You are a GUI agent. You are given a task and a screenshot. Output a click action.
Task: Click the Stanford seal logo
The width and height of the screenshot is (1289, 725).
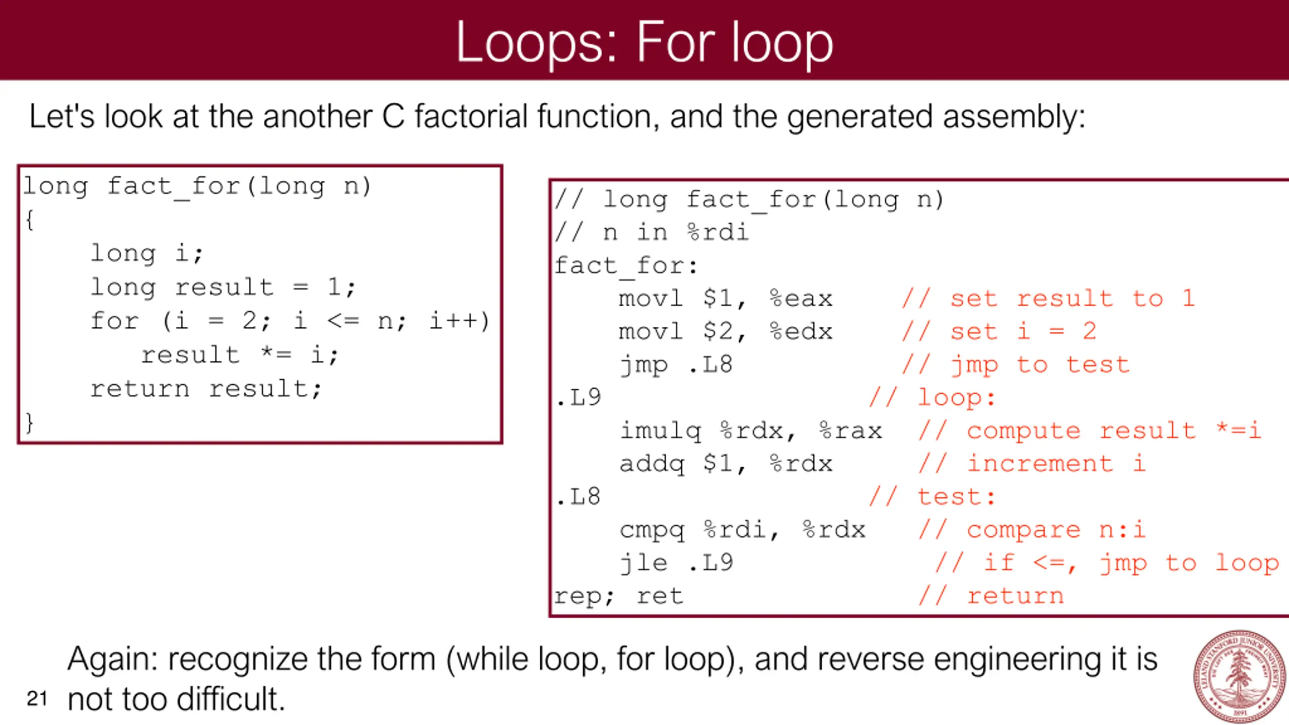pyautogui.click(x=1240, y=676)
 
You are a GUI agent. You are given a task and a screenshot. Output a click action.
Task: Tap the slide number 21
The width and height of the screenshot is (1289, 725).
pyautogui.click(x=37, y=699)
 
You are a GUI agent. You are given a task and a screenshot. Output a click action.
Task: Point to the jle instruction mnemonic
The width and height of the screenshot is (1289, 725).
pyautogui.click(x=644, y=563)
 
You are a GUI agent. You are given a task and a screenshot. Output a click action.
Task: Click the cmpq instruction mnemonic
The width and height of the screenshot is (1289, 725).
pyautogui.click(x=652, y=530)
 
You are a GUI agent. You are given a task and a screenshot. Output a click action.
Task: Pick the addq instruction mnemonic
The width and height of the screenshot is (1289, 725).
pyautogui.click(x=652, y=464)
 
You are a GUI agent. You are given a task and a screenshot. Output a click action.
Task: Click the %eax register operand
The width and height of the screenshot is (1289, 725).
pyautogui.click(x=801, y=299)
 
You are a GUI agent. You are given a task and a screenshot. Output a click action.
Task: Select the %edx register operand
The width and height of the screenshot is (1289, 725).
pyautogui.click(x=801, y=332)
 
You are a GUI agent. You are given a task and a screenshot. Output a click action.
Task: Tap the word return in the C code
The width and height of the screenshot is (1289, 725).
pyautogui.click(x=140, y=389)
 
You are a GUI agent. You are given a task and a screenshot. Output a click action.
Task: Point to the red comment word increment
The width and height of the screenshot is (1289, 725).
pyautogui.click(x=1040, y=464)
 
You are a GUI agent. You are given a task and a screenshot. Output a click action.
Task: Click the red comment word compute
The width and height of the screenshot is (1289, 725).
pyautogui.click(x=1023, y=431)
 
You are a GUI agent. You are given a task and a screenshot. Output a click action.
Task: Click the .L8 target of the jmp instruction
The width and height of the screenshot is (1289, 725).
pyautogui.click(x=710, y=365)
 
